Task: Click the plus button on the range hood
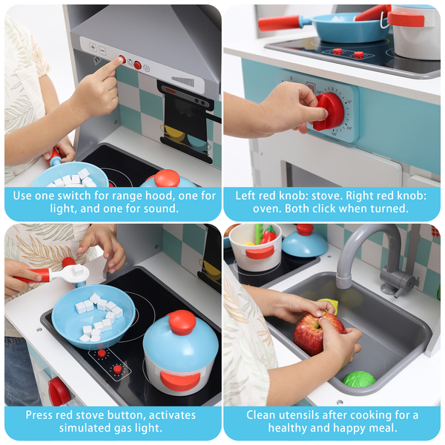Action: coord(93,47)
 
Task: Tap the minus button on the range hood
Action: coord(102,50)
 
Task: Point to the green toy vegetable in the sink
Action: coord(359,379)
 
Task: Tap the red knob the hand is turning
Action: coord(329,111)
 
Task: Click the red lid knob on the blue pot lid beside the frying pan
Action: coord(182,323)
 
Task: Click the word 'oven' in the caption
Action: coord(267,208)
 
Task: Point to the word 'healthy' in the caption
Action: coord(287,428)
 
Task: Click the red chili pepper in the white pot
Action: coord(268,235)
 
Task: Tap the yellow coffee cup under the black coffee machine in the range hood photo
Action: coord(174,133)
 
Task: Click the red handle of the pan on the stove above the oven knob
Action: coord(279,23)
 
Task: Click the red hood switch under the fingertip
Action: coord(122,59)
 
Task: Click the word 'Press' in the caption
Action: coord(39,415)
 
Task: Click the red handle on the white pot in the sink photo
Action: coord(260,253)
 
